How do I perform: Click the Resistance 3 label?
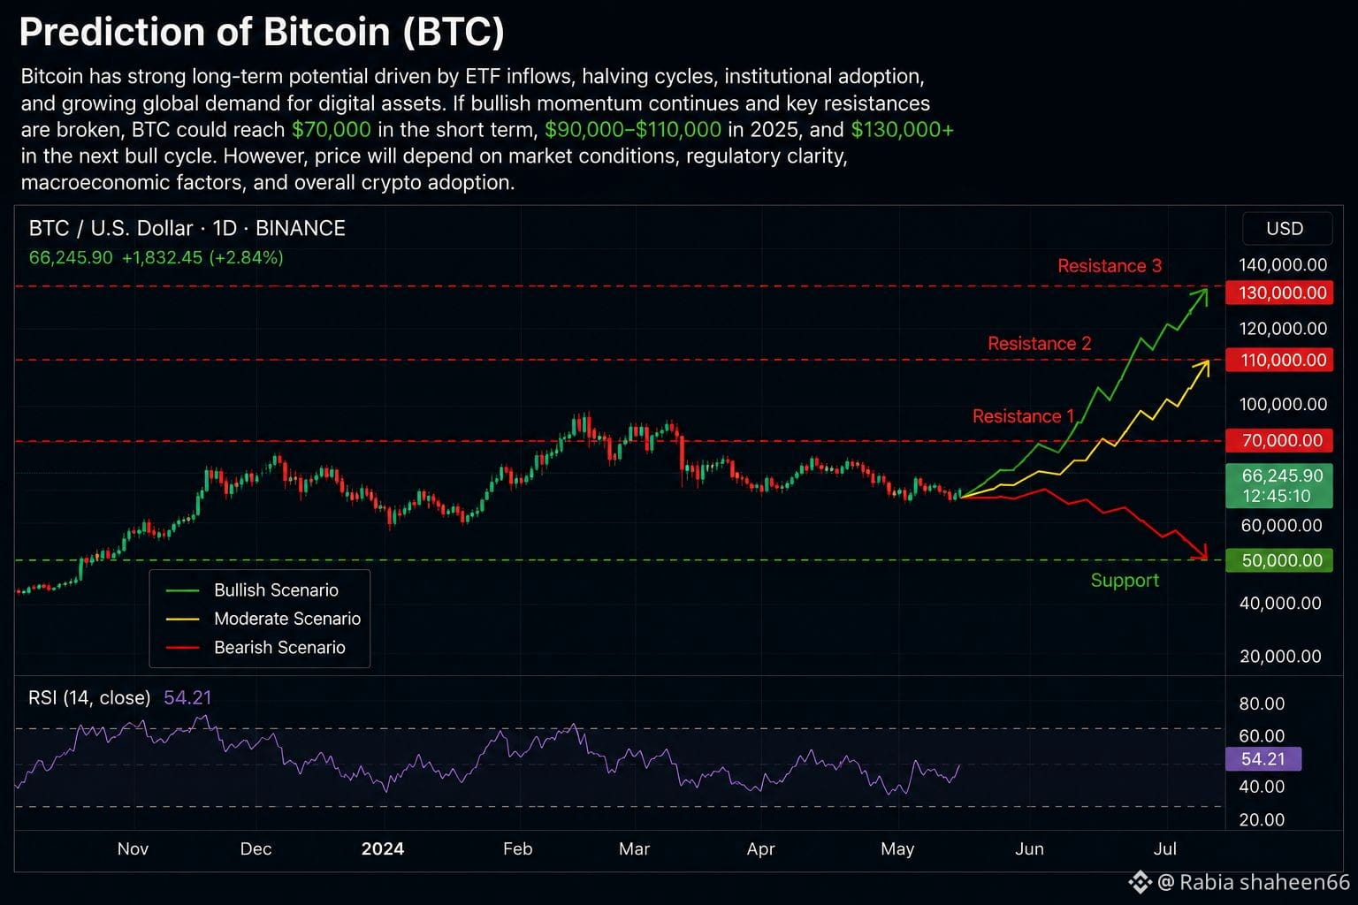1110,265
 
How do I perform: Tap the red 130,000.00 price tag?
1279,293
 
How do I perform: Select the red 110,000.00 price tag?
1279,360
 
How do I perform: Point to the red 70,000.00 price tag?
1279,440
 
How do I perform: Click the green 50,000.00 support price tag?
1279,560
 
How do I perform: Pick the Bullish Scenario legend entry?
252,589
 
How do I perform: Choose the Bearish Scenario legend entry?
256,648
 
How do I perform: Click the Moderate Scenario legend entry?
263,619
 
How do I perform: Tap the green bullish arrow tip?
1207,289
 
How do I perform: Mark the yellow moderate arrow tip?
1208,361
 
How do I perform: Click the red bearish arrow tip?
1207,559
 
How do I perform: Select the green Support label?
1125,580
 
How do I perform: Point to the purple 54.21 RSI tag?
1263,759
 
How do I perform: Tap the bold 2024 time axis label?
383,848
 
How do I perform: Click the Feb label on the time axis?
518,848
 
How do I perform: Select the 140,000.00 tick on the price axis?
1283,265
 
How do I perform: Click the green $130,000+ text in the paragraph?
902,130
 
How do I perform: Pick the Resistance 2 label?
1039,344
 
